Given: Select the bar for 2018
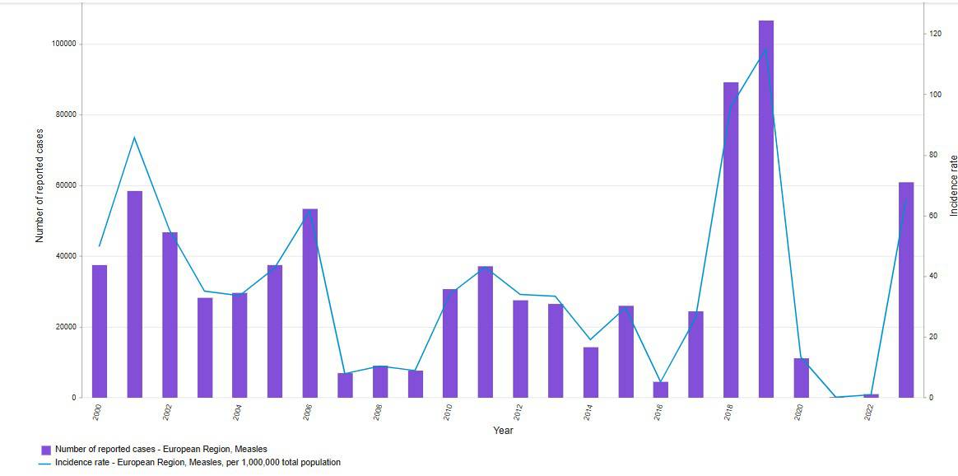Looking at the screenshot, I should coord(731,240).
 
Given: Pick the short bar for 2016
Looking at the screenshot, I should coord(661,390).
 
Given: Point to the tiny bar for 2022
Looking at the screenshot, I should coord(871,395).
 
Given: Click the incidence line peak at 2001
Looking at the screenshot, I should coord(134,137).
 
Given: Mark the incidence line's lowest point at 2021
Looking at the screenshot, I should coord(836,397).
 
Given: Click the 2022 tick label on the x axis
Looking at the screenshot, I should coord(869,412).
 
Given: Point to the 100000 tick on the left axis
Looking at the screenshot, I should coord(63,44).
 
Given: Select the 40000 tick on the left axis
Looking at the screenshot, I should coord(65,256).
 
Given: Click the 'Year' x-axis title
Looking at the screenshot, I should coord(503,431).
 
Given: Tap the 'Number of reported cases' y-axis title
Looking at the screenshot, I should coord(40,185).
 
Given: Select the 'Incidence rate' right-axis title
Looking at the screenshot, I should coord(953,185).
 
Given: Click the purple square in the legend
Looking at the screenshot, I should coord(46,450).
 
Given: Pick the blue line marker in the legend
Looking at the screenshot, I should coord(45,463).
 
